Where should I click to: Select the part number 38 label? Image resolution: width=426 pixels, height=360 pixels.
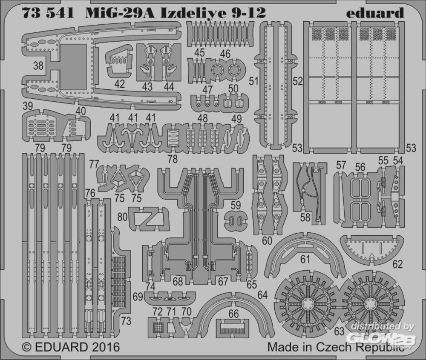point(38,66)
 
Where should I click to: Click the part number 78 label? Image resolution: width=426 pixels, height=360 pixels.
point(173,159)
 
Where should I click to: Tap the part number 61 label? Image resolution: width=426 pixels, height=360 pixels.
point(305,259)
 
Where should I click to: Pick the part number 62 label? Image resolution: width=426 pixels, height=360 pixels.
point(397,264)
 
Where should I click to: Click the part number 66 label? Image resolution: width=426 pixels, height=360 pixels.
point(233,314)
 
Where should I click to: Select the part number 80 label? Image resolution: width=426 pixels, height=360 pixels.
point(123,217)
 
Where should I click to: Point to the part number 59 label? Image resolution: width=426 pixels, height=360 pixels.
point(235,205)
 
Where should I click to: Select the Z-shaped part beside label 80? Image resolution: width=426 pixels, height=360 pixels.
point(149,219)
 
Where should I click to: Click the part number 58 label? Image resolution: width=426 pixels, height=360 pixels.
point(305,217)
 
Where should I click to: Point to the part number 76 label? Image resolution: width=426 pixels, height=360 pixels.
point(90,193)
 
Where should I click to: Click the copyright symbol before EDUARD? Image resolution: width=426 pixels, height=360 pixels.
point(26,347)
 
